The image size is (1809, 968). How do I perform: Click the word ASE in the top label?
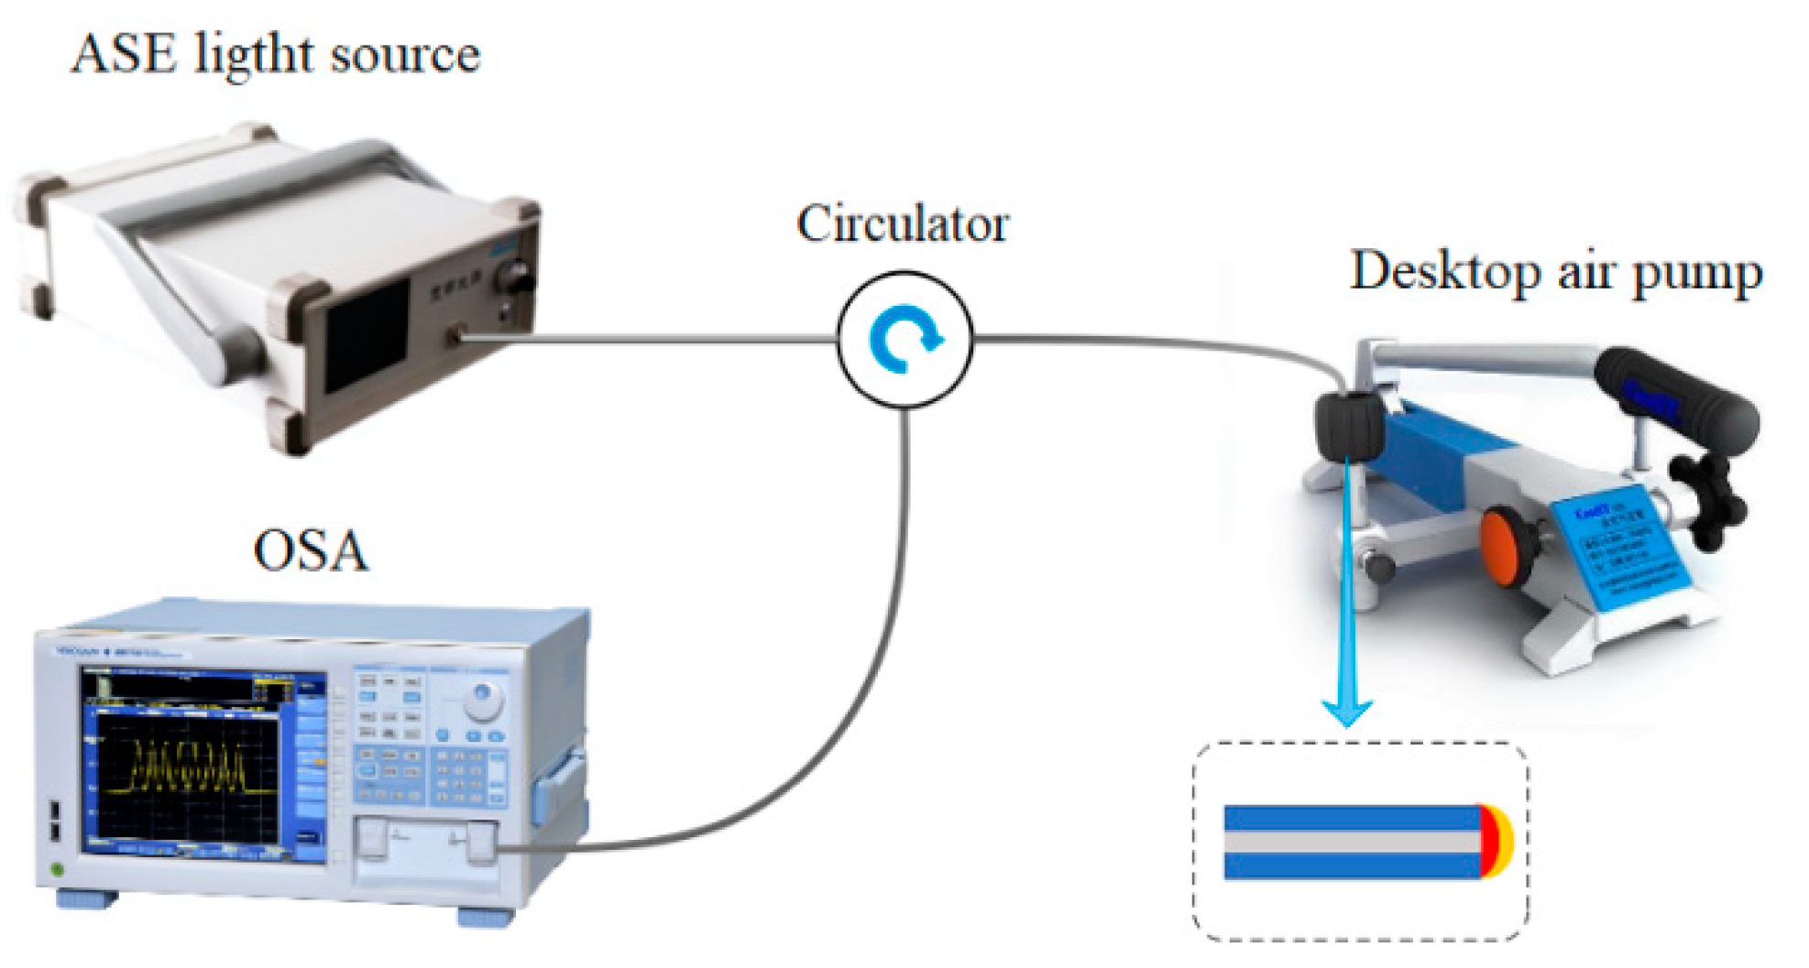coord(124,54)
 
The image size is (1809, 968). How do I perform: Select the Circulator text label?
coord(903,223)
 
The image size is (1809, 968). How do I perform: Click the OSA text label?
coord(311,551)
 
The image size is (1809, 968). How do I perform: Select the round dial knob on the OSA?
coord(483,702)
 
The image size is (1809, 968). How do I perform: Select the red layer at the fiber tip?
coord(1487,842)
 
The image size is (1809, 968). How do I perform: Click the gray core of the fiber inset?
coord(1347,842)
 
